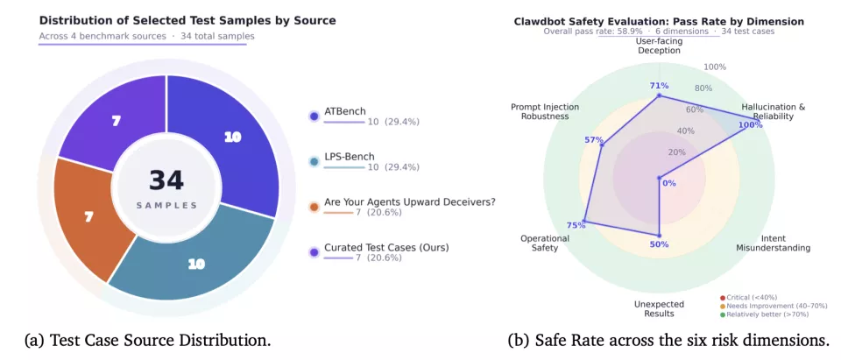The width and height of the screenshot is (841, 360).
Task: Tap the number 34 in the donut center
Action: [166, 180]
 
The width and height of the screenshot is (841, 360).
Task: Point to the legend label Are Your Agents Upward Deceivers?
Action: [409, 202]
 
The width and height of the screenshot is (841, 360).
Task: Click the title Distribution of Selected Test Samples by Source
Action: [187, 20]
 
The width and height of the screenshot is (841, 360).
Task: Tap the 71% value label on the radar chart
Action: [660, 85]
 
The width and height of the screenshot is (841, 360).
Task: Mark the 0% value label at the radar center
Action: [668, 183]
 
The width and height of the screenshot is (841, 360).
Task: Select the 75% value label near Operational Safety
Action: [576, 225]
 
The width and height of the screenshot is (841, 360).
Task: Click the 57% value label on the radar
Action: [593, 140]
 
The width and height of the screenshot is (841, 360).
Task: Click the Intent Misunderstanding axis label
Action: [773, 243]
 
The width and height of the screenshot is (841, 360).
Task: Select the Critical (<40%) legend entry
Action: [750, 297]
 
